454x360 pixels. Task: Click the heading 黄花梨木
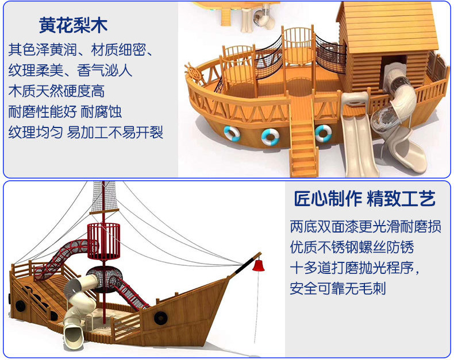(x=73, y=25)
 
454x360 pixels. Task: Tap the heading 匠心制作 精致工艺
(x=365, y=199)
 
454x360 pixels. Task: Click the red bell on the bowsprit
(x=259, y=265)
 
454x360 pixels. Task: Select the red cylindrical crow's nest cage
(x=103, y=241)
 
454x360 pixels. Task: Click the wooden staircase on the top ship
(x=304, y=148)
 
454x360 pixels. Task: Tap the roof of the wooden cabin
(x=388, y=26)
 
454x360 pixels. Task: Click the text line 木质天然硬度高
(x=56, y=91)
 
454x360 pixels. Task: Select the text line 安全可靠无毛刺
(x=338, y=289)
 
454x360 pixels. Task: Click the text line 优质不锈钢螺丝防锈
(x=352, y=247)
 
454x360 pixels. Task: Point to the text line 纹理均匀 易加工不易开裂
(x=86, y=132)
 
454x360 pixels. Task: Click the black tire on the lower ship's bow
(x=160, y=318)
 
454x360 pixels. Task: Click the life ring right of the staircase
(x=324, y=133)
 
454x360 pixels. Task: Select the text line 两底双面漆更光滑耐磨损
(x=365, y=227)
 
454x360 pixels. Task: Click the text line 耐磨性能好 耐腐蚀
(x=65, y=112)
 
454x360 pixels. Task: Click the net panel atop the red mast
(x=103, y=198)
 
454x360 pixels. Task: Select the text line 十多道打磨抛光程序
(x=355, y=268)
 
